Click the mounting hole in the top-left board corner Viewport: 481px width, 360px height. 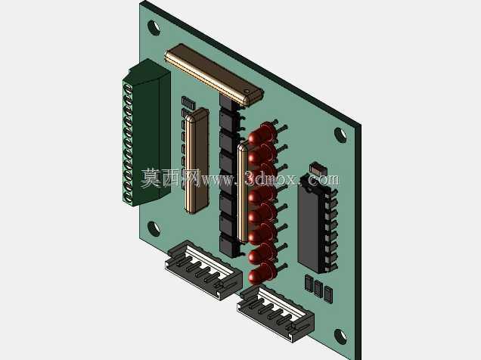coord(154,27)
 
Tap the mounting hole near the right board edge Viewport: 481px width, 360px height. coord(340,135)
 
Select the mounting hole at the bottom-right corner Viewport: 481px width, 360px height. coord(340,337)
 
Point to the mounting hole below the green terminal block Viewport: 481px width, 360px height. coord(154,228)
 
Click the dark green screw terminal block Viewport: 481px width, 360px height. coord(146,132)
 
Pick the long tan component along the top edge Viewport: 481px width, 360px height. coord(214,75)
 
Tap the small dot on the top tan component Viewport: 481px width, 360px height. coord(247,91)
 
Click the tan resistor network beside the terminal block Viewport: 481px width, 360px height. coord(197,160)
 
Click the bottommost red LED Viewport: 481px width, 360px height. coord(261,273)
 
